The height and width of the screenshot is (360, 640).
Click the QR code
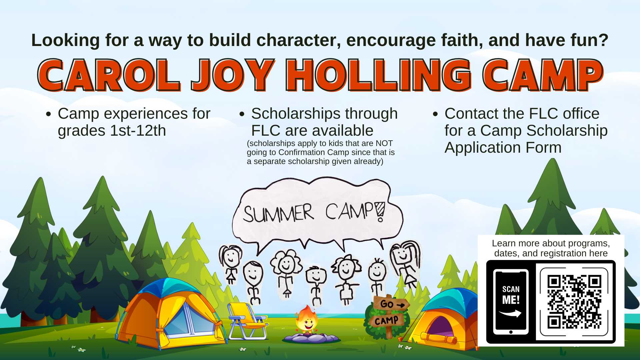[574, 302]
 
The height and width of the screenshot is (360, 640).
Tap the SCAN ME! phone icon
[511, 301]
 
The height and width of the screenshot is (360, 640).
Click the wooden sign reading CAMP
[387, 321]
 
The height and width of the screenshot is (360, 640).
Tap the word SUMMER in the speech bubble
[278, 213]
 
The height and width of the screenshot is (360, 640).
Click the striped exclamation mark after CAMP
[380, 211]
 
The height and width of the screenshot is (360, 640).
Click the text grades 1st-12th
[112, 131]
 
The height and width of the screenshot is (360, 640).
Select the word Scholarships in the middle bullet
[295, 114]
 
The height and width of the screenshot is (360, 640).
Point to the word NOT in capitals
[384, 143]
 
